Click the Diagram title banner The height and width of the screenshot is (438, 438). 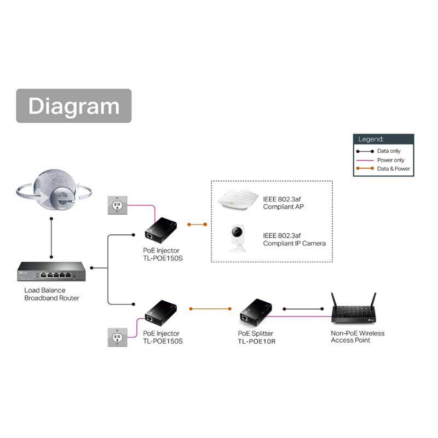(74, 106)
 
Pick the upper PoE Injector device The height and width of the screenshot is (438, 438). (161, 229)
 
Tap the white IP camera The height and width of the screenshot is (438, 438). (238, 237)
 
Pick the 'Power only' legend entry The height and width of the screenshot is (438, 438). (390, 160)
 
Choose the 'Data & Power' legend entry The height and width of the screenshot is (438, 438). (393, 169)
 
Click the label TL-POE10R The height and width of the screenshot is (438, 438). (257, 341)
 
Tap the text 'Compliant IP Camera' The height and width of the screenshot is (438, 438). (295, 243)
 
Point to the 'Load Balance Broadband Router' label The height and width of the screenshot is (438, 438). (51, 294)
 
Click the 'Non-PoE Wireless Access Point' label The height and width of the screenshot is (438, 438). (358, 337)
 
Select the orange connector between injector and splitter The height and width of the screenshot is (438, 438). (211, 309)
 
